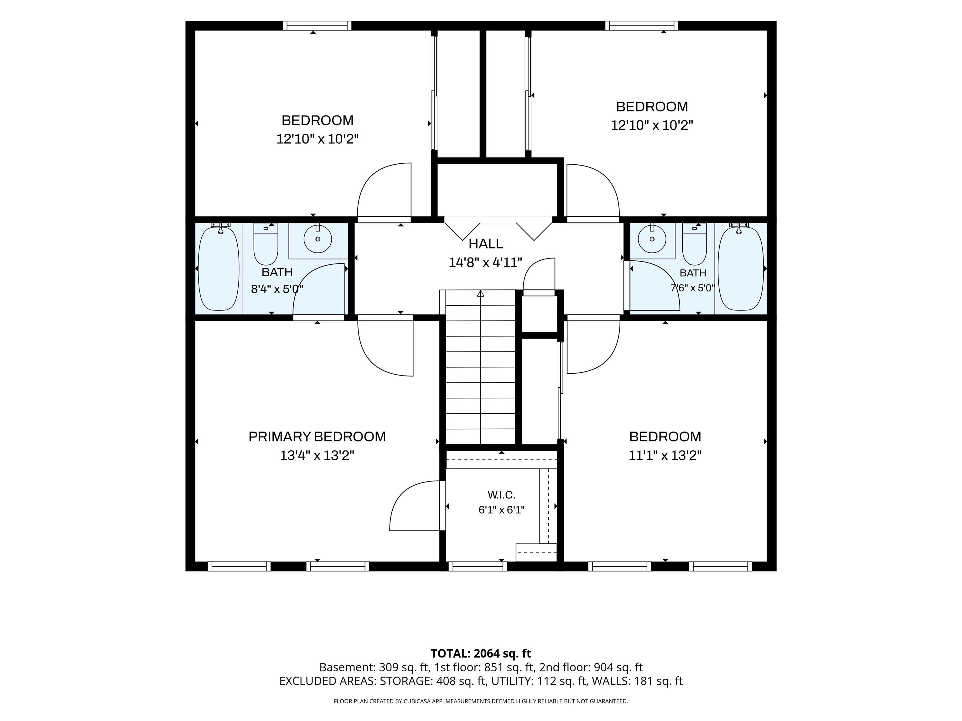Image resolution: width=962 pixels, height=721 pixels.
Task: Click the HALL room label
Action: (x=485, y=244)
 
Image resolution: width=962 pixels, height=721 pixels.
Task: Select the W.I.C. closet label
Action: (x=501, y=494)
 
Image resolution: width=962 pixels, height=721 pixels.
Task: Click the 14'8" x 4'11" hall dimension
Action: (x=485, y=263)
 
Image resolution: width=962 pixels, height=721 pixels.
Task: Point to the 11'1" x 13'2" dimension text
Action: (x=665, y=455)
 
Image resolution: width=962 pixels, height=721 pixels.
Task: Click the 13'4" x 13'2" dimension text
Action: (x=317, y=455)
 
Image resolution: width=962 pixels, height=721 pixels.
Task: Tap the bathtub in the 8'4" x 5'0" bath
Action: (x=219, y=268)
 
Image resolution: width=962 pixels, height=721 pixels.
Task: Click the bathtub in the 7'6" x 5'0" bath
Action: (x=741, y=268)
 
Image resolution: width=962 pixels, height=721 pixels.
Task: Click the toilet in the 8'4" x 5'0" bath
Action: (x=266, y=244)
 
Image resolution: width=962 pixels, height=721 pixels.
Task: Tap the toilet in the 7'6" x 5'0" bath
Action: (x=695, y=244)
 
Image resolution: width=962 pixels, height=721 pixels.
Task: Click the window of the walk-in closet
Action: (x=478, y=566)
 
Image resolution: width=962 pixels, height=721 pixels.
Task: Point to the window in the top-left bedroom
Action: (x=317, y=26)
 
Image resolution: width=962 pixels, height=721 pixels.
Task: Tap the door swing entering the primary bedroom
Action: (x=385, y=348)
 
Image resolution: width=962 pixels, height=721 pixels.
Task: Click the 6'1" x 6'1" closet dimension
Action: (x=501, y=510)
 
